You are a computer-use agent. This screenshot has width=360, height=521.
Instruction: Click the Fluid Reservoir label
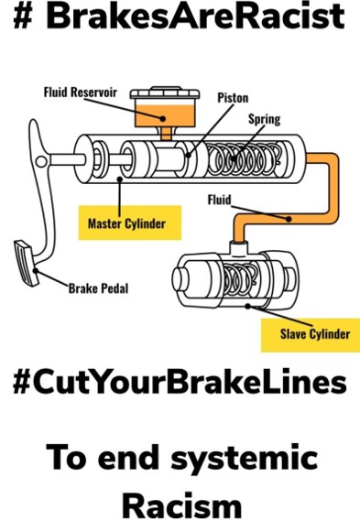(x=82, y=92)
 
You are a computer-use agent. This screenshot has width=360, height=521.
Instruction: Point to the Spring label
(x=265, y=119)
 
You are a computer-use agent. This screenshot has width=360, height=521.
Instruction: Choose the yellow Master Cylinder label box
(x=127, y=223)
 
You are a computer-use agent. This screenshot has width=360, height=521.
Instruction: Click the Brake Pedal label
(x=99, y=288)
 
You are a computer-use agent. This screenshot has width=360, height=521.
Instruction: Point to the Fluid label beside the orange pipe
(x=219, y=198)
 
